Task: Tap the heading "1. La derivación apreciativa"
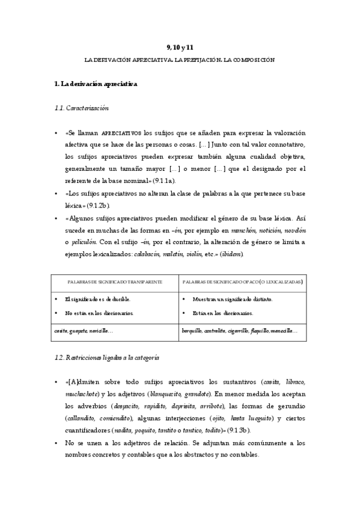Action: point(96,84)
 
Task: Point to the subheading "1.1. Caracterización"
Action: point(82,108)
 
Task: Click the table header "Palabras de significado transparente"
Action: point(114,281)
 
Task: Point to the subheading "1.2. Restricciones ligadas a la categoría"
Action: point(106,357)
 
